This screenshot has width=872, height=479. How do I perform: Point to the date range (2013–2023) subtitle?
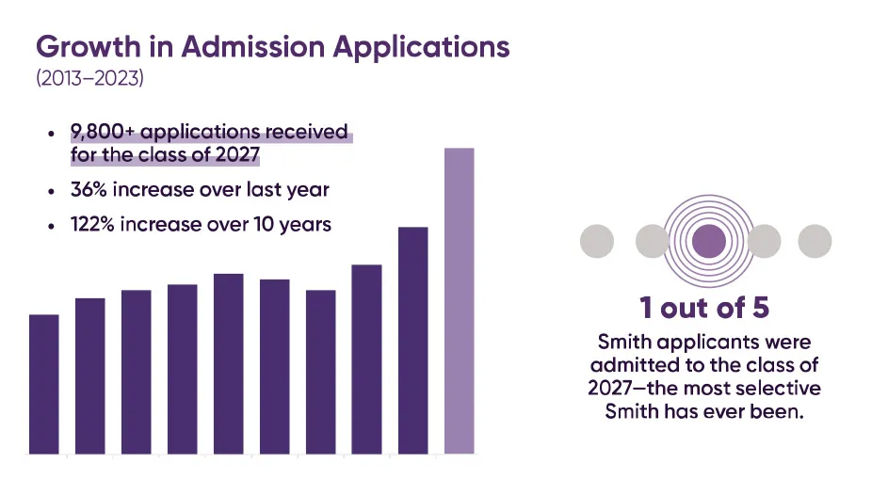coord(89,79)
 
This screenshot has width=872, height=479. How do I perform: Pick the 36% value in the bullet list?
coord(90,189)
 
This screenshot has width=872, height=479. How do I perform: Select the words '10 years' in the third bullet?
coord(295,225)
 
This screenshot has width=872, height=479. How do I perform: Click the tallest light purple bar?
coord(459,301)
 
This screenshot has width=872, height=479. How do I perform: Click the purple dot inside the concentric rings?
coord(708,242)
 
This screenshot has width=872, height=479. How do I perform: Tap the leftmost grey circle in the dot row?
coord(596,242)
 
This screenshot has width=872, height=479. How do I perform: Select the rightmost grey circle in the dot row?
coord(815,242)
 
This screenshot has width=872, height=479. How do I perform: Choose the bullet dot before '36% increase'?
coord(51,190)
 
